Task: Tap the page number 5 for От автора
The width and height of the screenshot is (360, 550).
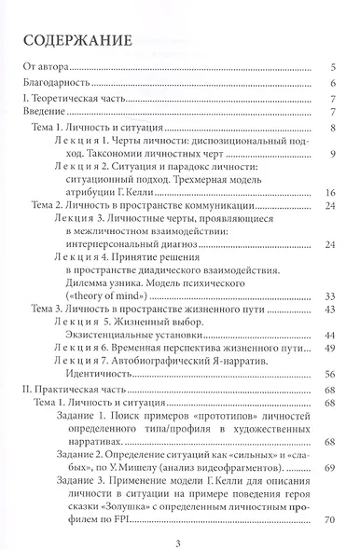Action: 333,67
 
